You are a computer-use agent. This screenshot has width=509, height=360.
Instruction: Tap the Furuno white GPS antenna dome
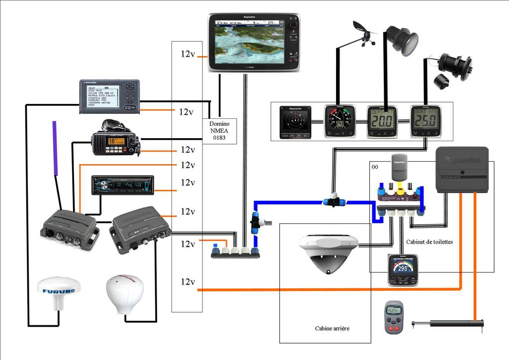click(x=59, y=291)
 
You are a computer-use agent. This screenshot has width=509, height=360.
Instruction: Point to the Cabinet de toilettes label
click(x=429, y=242)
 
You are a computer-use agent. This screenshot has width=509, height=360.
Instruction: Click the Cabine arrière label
click(x=333, y=328)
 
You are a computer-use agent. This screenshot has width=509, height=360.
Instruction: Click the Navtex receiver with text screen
click(x=110, y=96)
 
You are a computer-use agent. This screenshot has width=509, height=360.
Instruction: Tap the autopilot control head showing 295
click(x=403, y=269)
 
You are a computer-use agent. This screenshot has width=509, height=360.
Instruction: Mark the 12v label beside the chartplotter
click(x=187, y=54)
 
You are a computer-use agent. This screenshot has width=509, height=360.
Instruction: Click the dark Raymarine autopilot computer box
click(x=462, y=170)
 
